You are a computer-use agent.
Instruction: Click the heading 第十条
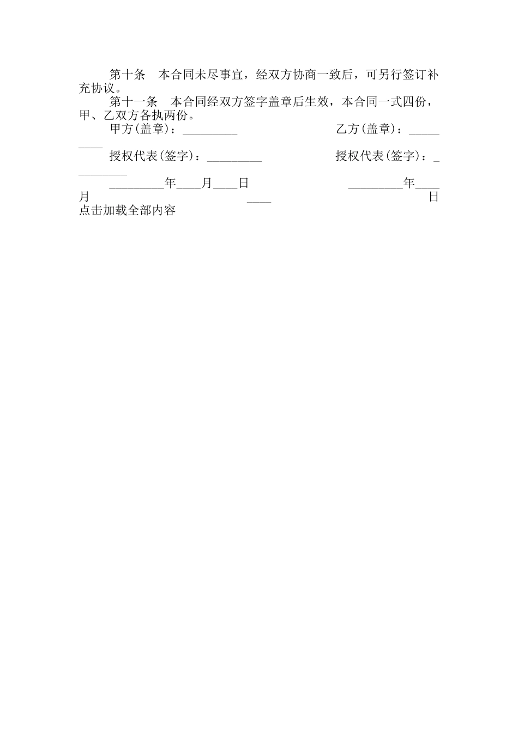click(128, 75)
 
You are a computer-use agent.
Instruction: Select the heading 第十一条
click(134, 102)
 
